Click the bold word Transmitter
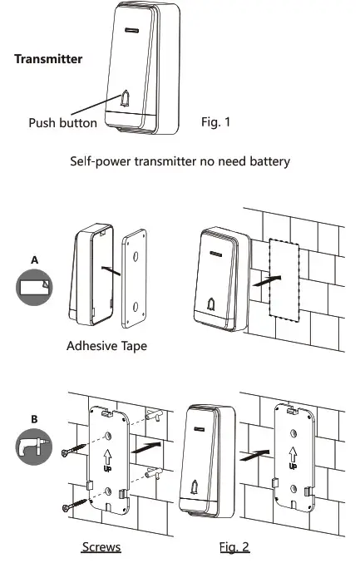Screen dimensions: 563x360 click(48, 60)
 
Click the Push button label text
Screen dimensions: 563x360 click(63, 122)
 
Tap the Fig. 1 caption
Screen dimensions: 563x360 click(216, 122)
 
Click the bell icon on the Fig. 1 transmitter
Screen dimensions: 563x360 click(125, 100)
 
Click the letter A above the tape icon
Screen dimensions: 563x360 click(34, 259)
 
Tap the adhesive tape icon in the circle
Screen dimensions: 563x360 click(34, 288)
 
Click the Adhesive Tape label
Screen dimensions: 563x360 click(106, 345)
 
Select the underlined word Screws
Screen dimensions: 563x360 click(101, 546)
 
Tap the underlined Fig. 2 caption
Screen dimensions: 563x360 click(234, 546)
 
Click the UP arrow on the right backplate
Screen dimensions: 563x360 click(293, 457)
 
